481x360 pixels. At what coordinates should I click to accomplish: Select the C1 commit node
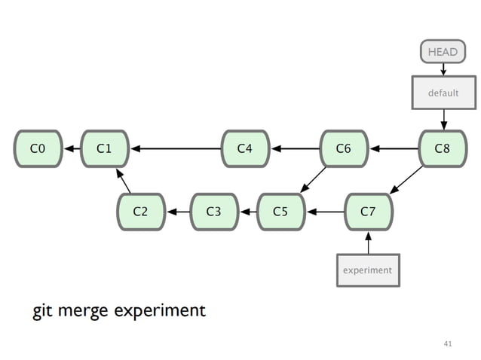click(105, 148)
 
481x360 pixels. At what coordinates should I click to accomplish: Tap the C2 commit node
click(140, 212)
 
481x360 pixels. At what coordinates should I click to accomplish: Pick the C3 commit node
click(214, 212)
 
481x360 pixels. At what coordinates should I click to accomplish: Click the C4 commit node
click(245, 148)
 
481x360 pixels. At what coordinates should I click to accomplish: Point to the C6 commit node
click(344, 148)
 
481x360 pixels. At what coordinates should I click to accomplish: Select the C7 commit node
click(368, 212)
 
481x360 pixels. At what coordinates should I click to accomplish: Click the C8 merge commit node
click(443, 148)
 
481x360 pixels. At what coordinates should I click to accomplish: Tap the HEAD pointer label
click(443, 52)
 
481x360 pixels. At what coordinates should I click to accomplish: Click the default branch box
click(443, 93)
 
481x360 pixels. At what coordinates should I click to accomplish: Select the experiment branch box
click(368, 270)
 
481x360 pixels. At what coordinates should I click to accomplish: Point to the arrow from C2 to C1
click(123, 181)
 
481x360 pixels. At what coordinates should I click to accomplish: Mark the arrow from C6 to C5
click(313, 180)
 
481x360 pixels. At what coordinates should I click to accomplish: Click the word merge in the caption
click(85, 311)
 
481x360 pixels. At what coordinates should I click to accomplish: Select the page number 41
click(448, 343)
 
